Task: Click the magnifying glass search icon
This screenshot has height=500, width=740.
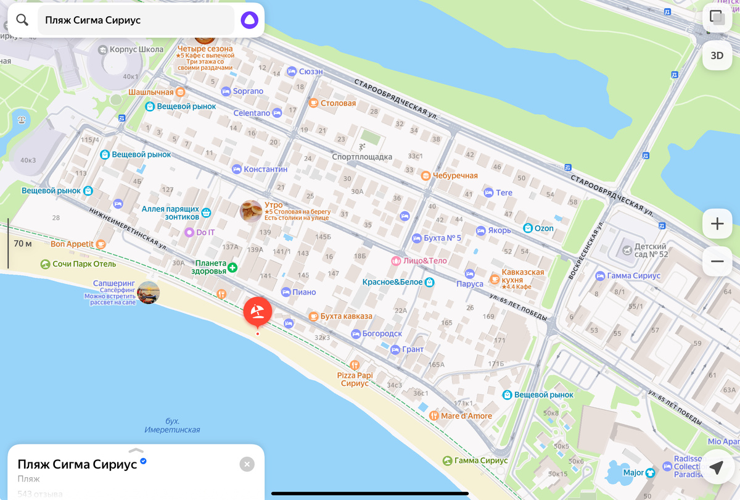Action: coord(22,20)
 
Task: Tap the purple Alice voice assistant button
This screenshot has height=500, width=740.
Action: coord(249,20)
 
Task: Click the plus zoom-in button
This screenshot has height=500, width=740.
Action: coord(717,223)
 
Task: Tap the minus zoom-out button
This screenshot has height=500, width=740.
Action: coord(717,261)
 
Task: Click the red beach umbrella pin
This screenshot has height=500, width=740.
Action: coord(257,311)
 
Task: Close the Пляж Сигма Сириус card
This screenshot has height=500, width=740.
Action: coord(247,464)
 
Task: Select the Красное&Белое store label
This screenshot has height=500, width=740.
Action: coord(393,282)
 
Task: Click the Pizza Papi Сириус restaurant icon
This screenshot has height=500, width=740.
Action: coord(354,365)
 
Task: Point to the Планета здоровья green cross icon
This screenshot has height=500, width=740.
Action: coord(232,267)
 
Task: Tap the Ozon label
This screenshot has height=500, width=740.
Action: coord(544,228)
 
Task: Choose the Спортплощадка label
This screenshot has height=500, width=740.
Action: coord(362,157)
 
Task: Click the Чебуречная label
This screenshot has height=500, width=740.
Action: coord(455,176)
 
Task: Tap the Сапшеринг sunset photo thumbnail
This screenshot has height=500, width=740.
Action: coord(149,292)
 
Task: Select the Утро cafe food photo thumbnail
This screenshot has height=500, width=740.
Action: coord(251,211)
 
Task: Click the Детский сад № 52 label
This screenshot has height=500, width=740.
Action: coord(650,250)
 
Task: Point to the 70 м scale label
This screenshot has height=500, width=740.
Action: coord(23,244)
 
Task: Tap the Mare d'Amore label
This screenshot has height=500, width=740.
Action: coord(466,416)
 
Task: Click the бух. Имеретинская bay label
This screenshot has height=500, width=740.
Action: coord(173,425)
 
